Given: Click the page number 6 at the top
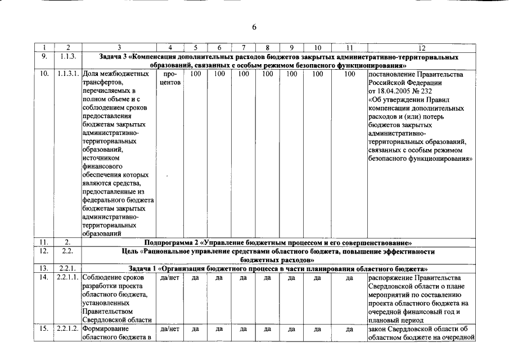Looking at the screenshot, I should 254,28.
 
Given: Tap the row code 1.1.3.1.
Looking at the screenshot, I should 68,74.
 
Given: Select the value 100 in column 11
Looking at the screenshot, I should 349,74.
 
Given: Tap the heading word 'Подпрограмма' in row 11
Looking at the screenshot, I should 169,242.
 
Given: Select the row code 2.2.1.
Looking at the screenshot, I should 67,269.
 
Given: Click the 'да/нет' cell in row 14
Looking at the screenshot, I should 169,278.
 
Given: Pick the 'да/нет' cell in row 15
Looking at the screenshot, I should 169,329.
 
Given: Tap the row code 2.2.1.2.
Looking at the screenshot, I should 68,329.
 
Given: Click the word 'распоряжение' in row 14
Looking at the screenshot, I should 389,278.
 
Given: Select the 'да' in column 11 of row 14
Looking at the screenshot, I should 349,278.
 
